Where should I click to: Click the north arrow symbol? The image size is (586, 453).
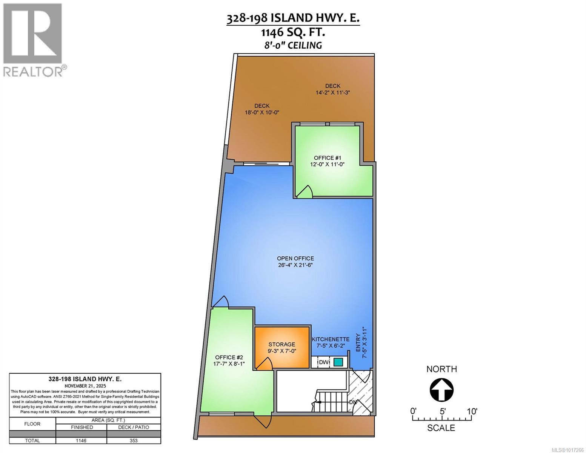pyautogui.click(x=441, y=390)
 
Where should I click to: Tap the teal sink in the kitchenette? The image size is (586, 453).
pyautogui.click(x=338, y=362)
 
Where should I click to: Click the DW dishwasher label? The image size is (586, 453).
pyautogui.click(x=323, y=362)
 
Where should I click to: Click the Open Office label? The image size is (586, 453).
pyautogui.click(x=295, y=258)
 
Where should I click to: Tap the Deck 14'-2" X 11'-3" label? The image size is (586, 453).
pyautogui.click(x=333, y=92)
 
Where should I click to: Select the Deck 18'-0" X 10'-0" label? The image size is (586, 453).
pyautogui.click(x=262, y=112)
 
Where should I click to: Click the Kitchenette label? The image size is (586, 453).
pyautogui.click(x=331, y=339)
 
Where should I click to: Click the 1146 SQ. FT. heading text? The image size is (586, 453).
pyautogui.click(x=293, y=32)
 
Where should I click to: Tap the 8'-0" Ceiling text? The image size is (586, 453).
pyautogui.click(x=293, y=45)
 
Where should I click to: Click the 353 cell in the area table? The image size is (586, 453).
pyautogui.click(x=134, y=441)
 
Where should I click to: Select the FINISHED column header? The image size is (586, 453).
pyautogui.click(x=81, y=427)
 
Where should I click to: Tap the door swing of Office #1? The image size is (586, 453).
pyautogui.click(x=305, y=192)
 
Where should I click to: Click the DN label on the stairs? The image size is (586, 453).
pyautogui.click(x=353, y=402)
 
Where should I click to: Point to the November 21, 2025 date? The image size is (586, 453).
pyautogui.click(x=85, y=386)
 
